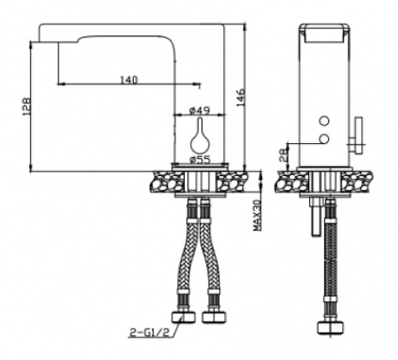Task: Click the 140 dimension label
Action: pos(129,79)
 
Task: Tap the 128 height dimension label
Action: pos(27,106)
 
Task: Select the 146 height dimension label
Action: pos(241,97)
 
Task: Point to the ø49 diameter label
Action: pos(200,111)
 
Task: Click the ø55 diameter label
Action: pos(201,160)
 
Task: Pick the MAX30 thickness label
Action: pos(257,215)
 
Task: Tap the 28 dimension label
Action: pos(284,155)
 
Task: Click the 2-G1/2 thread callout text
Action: pos(149,332)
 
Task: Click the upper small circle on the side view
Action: pos(324,121)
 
